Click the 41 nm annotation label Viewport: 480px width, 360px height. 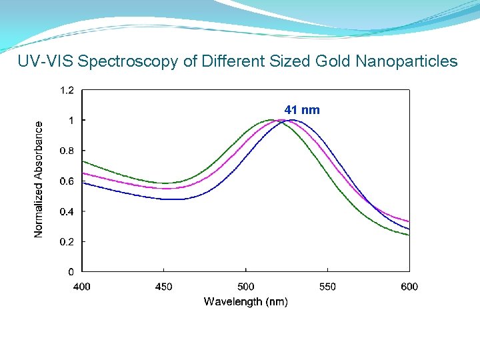(x=302, y=110)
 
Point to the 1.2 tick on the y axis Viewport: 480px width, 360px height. (x=67, y=90)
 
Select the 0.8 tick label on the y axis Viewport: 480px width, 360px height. (x=67, y=151)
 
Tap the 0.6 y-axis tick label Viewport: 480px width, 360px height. (x=67, y=181)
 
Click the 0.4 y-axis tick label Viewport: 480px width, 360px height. (x=67, y=211)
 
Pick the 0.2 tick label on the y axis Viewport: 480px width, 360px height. (x=67, y=241)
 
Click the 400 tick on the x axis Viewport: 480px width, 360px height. (x=81, y=287)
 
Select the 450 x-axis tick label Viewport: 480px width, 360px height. (x=163, y=287)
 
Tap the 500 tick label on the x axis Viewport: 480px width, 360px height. (x=245, y=287)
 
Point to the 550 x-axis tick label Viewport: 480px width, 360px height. (x=327, y=287)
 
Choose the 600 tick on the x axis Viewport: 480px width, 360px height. (x=409, y=287)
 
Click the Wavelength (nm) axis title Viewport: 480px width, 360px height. (x=245, y=302)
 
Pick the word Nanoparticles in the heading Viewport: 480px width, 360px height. (x=407, y=62)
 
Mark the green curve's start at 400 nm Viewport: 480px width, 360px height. (x=82, y=161)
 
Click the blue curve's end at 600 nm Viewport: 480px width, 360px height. (x=409, y=229)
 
